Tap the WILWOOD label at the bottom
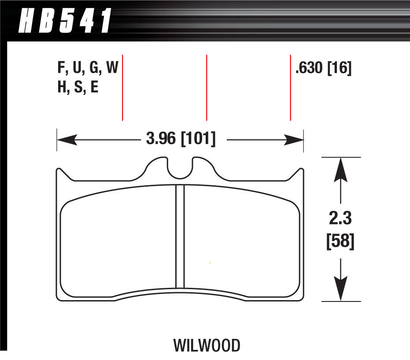point(207,345)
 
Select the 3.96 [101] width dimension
point(181,139)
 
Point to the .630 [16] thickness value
point(323,68)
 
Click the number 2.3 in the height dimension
point(340,218)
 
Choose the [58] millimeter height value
point(340,241)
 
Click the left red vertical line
point(122,88)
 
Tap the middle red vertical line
point(207,88)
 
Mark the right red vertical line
point(291,88)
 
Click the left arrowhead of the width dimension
point(67,140)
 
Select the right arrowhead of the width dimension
point(293,140)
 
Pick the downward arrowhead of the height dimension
point(340,288)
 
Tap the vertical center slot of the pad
point(180,236)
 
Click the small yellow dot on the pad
point(210,263)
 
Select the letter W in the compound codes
point(112,67)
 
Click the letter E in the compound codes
point(94,87)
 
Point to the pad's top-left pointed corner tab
point(59,171)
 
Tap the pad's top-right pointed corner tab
point(301,171)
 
